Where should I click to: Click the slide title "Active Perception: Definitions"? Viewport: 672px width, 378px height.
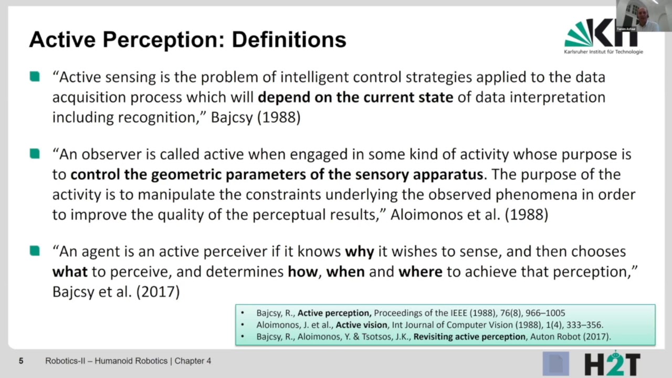pyautogui.click(x=187, y=40)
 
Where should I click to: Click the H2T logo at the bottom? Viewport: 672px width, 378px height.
pyautogui.click(x=612, y=364)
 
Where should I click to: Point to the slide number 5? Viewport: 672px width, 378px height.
pyautogui.click(x=21, y=361)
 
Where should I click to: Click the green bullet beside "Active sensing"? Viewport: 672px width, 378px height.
pyautogui.click(x=35, y=77)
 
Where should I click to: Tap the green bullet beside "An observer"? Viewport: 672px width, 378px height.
pyautogui.click(x=35, y=154)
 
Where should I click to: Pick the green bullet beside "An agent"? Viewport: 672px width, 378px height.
pyautogui.click(x=35, y=251)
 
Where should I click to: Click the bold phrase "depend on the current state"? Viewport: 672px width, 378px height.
pyautogui.click(x=355, y=97)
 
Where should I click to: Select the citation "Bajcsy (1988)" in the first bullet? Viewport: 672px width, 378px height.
pyautogui.click(x=256, y=117)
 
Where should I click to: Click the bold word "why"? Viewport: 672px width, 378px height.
pyautogui.click(x=359, y=251)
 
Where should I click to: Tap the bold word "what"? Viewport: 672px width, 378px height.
pyautogui.click(x=70, y=271)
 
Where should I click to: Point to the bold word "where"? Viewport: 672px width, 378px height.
pyautogui.click(x=421, y=271)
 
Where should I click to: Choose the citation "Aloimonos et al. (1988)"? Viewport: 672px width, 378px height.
pyautogui.click(x=469, y=215)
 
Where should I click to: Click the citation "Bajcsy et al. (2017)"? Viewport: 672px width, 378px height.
pyautogui.click(x=116, y=291)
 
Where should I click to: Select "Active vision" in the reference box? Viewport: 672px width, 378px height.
pyautogui.click(x=361, y=325)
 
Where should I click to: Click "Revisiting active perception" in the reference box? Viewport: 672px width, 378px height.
pyautogui.click(x=469, y=337)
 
